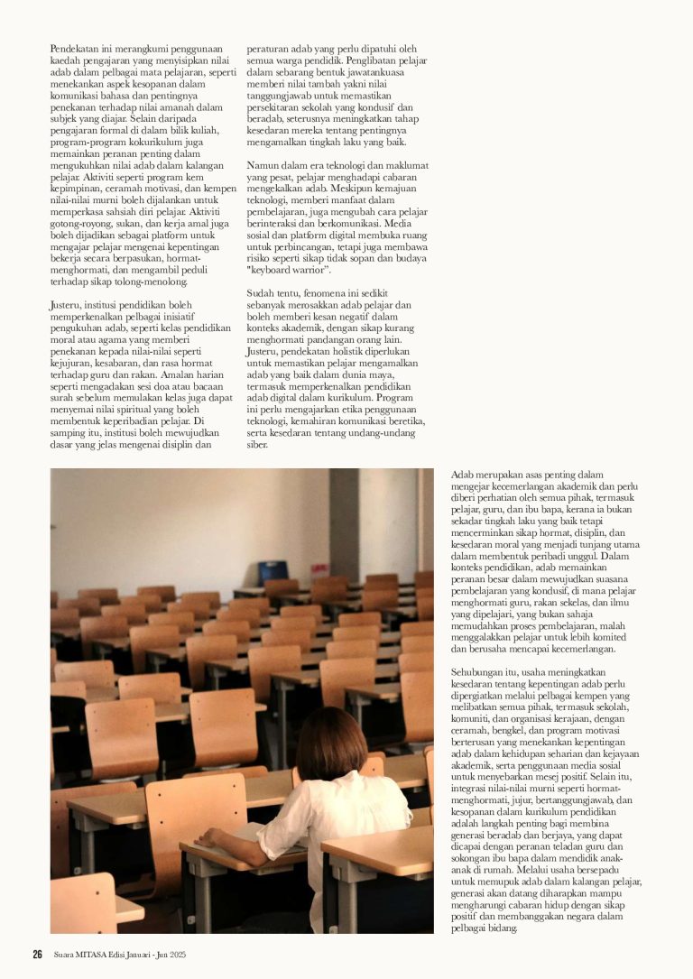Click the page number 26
[38, 955]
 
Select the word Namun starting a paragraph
[263, 165]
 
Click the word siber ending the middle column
[257, 445]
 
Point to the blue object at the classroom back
[273, 573]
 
